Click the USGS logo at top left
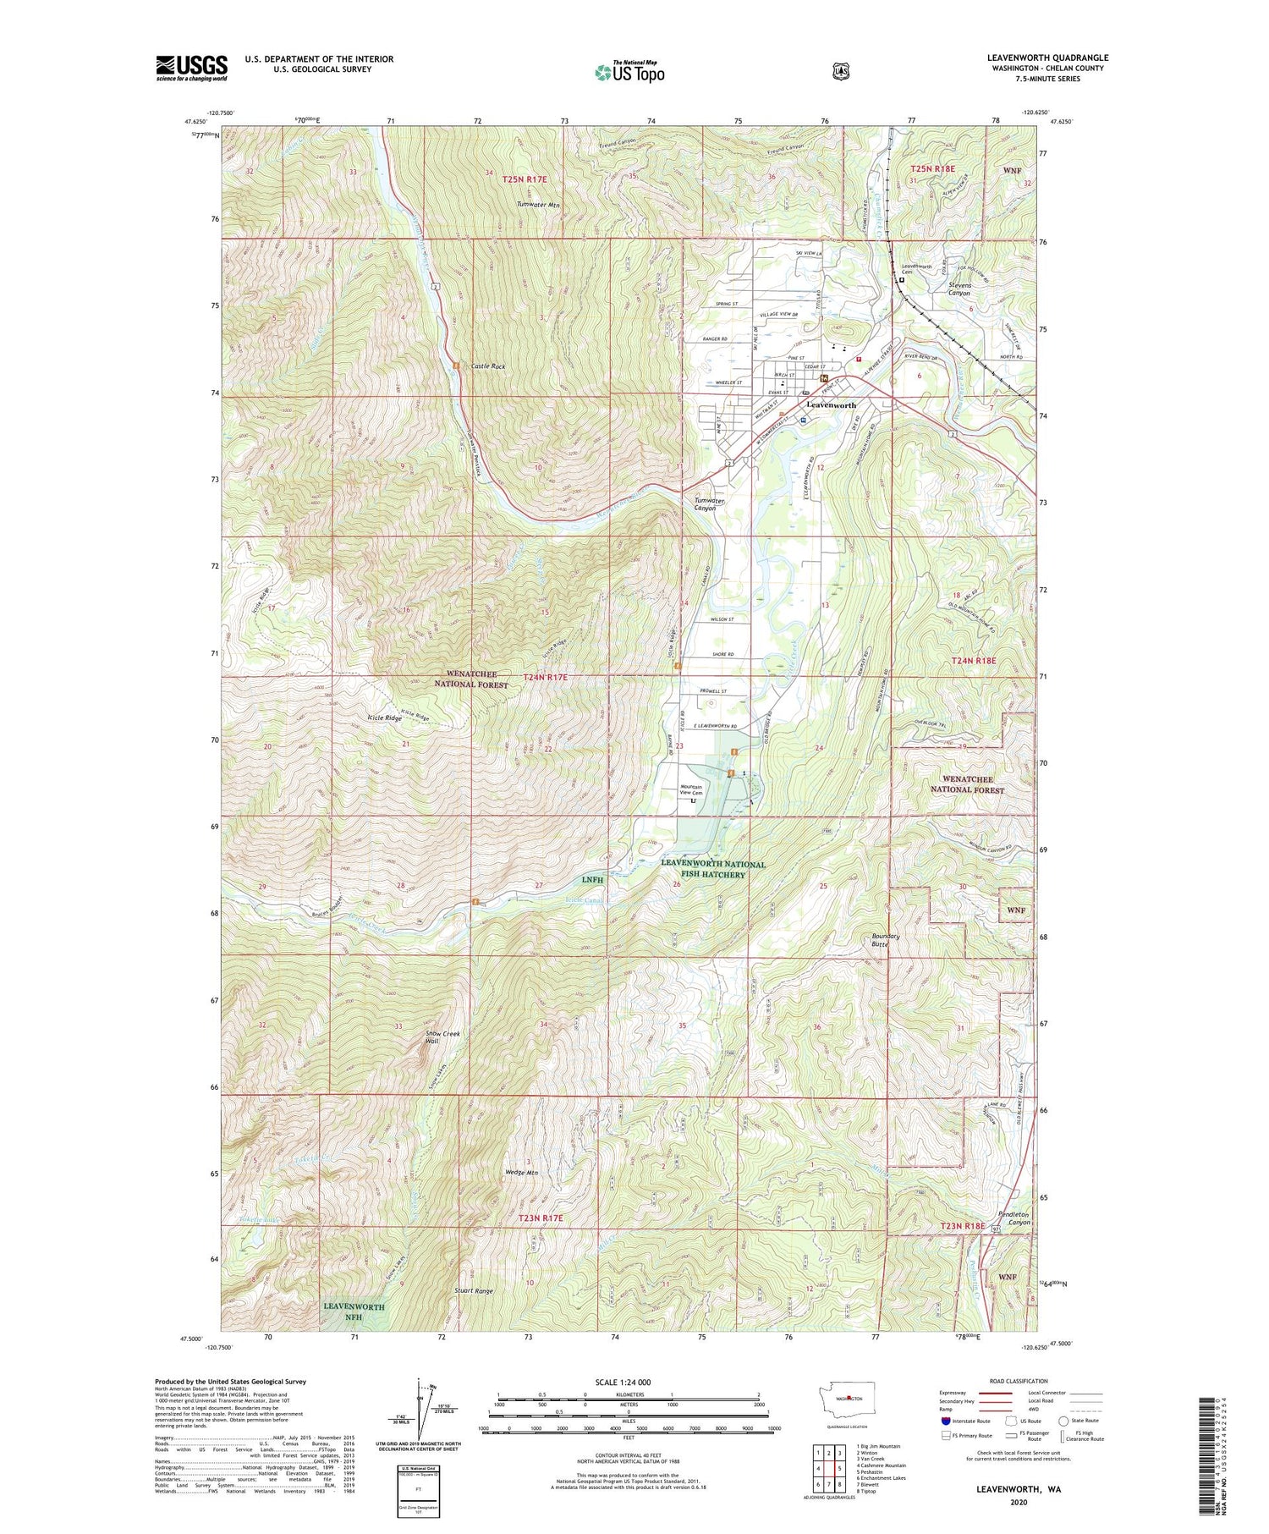(191, 68)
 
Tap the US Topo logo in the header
(629, 72)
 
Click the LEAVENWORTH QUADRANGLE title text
(1047, 58)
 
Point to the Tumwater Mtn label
(539, 205)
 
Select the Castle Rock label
(488, 366)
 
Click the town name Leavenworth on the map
(831, 405)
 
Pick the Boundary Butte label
(886, 940)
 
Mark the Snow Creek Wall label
(442, 1037)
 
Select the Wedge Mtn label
(520, 1173)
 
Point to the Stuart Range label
(473, 1291)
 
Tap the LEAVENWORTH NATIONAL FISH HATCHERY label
(712, 869)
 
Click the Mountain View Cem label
(691, 789)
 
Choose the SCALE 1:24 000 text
(629, 1382)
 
